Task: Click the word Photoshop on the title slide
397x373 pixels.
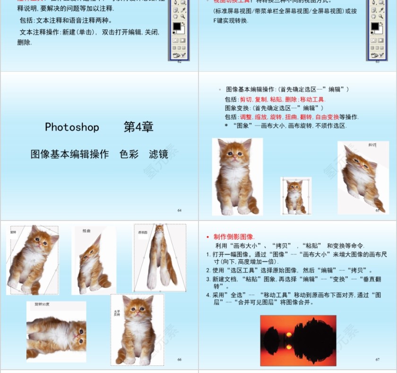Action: coord(72,127)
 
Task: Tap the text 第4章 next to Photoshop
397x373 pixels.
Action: coord(138,127)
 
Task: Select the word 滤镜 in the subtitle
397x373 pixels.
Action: coord(158,154)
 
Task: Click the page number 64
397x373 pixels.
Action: coord(180,210)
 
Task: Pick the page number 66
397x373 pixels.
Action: coord(180,359)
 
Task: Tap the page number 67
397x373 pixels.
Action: coord(378,359)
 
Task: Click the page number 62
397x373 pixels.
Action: coord(180,62)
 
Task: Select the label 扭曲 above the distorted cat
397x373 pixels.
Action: coord(86,231)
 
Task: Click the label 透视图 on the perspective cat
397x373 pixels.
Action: coord(143,232)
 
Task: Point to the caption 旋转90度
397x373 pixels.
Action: coord(42,304)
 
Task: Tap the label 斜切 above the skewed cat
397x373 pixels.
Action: coord(372,145)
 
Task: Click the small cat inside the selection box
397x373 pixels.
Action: coord(294,196)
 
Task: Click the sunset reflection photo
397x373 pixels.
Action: coord(298,340)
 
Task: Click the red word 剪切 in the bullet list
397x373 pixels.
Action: coord(246,99)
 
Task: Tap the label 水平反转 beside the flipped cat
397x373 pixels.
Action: coord(117,313)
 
